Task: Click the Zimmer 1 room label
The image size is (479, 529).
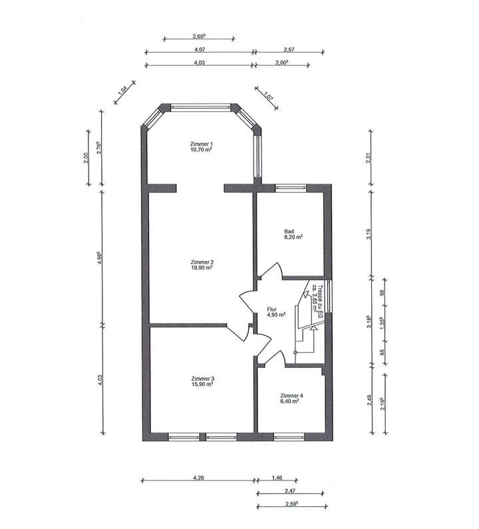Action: (202, 144)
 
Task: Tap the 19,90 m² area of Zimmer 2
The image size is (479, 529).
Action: (202, 268)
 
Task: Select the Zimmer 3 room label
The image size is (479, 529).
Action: (202, 378)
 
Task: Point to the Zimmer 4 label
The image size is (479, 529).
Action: (291, 395)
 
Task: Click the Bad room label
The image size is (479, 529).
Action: (289, 232)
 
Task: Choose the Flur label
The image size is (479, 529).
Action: (271, 309)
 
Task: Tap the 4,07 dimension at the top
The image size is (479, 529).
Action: (200, 49)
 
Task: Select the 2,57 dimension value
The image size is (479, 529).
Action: (289, 49)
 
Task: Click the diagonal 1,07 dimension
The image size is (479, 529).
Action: (269, 96)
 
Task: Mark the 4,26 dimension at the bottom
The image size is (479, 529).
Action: (198, 478)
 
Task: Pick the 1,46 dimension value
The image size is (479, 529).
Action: (277, 478)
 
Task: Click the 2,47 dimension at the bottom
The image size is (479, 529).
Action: (290, 491)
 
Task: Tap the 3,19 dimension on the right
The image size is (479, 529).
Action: (369, 234)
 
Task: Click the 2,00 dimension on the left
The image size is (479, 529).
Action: (86, 158)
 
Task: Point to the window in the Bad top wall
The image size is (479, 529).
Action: (291, 188)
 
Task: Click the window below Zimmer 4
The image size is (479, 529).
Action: (289, 437)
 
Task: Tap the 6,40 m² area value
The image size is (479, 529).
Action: (289, 401)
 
